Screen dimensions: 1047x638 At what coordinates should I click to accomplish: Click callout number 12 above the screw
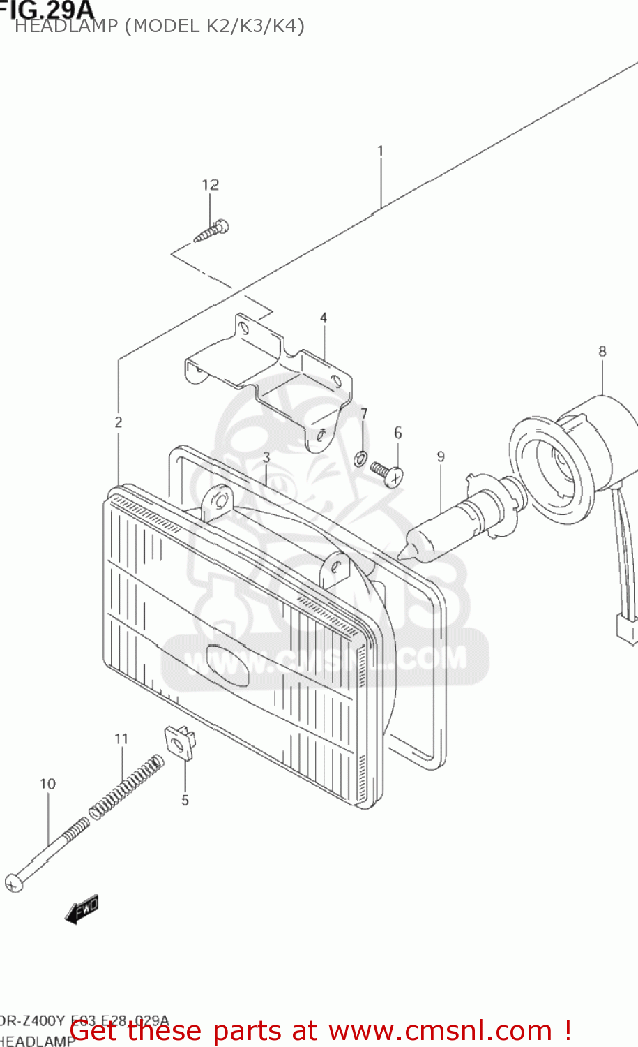pos(210,185)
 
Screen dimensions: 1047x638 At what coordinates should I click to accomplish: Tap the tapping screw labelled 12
pos(211,231)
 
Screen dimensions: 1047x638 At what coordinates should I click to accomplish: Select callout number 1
pos(381,151)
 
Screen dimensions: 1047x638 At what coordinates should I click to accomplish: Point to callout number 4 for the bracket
pos(324,318)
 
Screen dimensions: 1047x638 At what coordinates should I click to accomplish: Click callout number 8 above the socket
pos(602,351)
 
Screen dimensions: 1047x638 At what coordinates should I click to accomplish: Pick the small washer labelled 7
pos(360,459)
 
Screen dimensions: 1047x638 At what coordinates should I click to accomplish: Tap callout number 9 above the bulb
pos(441,456)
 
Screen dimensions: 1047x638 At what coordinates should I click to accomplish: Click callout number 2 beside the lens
pos(119,422)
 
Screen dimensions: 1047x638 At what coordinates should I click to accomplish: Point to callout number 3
pos(266,457)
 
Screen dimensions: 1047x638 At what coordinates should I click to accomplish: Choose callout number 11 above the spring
pos(121,738)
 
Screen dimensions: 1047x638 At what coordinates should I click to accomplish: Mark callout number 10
pos(47,784)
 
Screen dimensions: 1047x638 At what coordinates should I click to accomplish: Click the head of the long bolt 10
pos(14,883)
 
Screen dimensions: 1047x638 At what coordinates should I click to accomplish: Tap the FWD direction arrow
pos(82,909)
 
